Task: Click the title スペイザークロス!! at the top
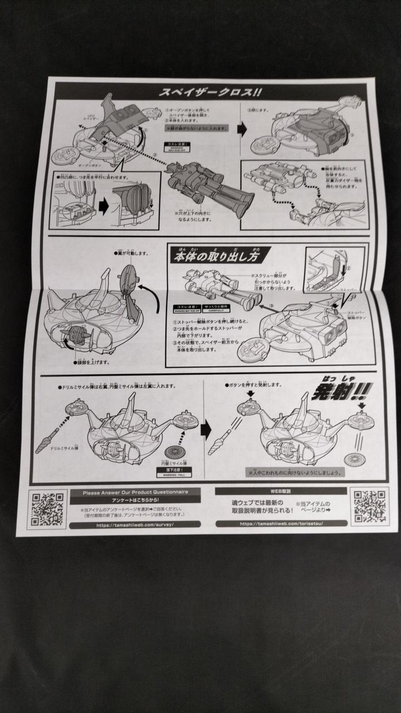point(211,92)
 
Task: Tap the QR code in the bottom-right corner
point(369,506)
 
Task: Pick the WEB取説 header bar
point(281,491)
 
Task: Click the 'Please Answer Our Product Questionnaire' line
point(135,492)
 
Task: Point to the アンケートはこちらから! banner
point(135,500)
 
